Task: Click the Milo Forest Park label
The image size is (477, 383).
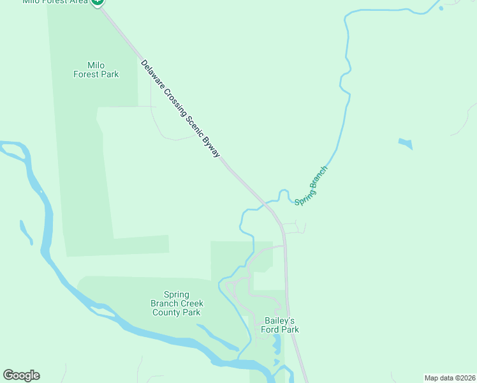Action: click(96, 70)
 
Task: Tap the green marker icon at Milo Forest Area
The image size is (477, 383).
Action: click(98, 2)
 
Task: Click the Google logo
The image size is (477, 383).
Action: click(21, 375)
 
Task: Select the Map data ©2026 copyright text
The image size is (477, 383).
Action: click(450, 378)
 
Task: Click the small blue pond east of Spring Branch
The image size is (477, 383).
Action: click(406, 144)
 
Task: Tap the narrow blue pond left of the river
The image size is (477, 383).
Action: click(26, 232)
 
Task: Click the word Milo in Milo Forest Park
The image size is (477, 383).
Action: click(96, 65)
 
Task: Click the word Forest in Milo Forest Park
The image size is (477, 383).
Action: click(86, 74)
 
